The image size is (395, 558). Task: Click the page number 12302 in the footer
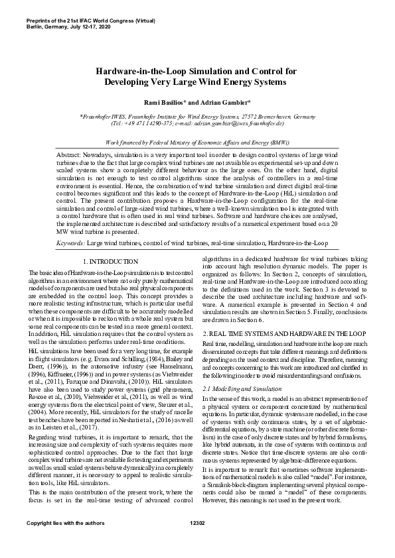coord(197,543)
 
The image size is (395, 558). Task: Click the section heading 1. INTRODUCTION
coord(111,262)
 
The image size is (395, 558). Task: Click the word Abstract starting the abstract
coord(69,153)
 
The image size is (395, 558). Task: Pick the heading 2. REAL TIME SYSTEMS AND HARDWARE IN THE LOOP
coord(283,332)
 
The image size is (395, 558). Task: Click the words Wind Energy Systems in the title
coord(248,82)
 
